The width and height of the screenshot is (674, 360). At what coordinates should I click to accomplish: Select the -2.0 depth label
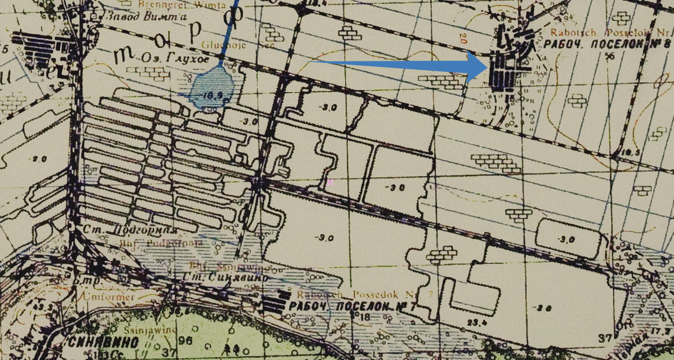39,159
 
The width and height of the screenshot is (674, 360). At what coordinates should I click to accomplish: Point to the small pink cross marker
330,182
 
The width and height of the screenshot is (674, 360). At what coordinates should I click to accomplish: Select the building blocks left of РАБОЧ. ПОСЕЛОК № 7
275,304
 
